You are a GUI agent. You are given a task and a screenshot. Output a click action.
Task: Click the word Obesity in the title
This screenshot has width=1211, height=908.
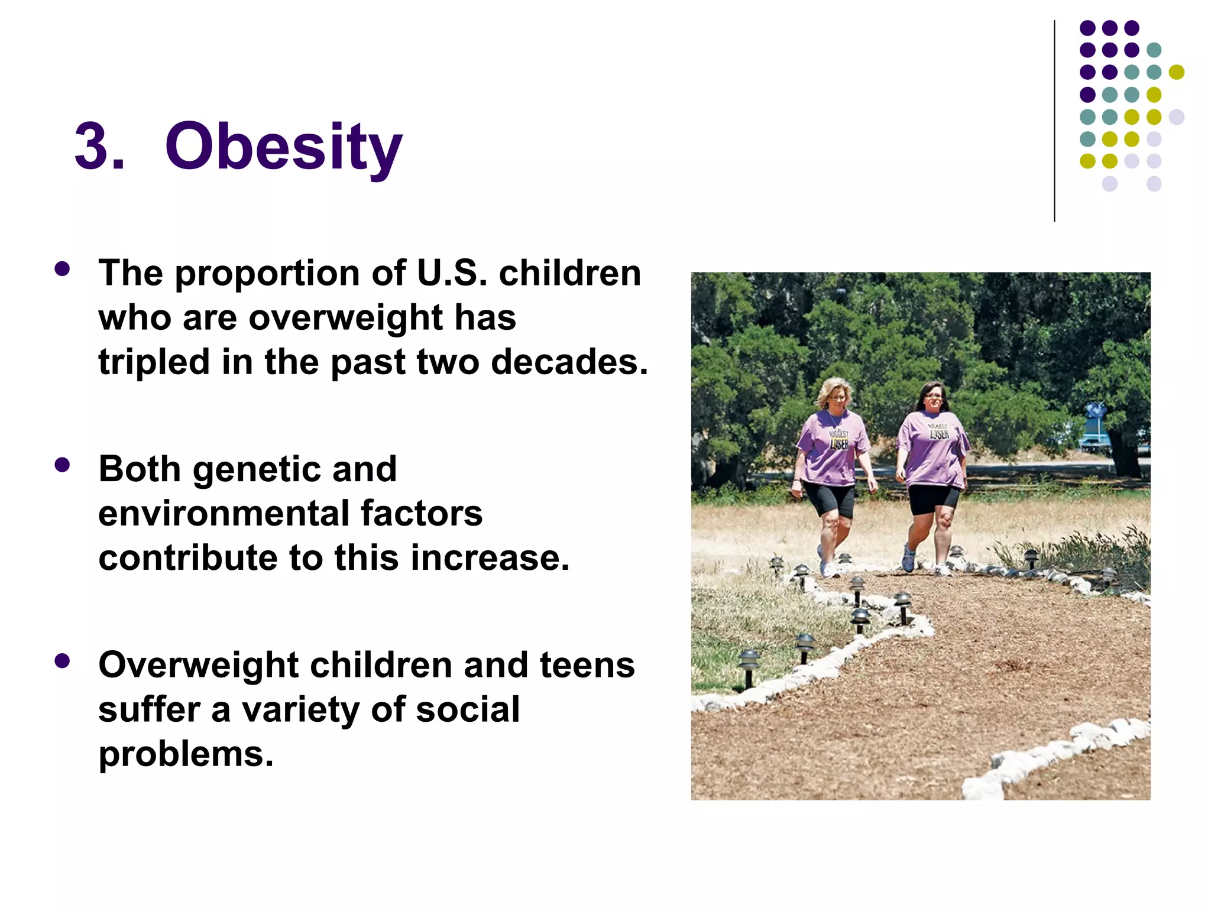point(283,147)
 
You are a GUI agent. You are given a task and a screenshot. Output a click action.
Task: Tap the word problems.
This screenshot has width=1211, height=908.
point(186,755)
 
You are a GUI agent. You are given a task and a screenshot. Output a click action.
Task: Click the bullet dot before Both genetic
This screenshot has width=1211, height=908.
point(62,465)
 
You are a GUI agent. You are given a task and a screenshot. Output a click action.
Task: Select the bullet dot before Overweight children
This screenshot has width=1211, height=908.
point(62,660)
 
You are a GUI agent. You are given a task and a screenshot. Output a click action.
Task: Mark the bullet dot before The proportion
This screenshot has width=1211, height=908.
point(62,269)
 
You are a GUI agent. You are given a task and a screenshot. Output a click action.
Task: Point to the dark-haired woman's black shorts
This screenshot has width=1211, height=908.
point(933,498)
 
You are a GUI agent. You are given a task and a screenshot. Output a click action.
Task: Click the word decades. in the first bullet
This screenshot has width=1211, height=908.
point(569,362)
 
